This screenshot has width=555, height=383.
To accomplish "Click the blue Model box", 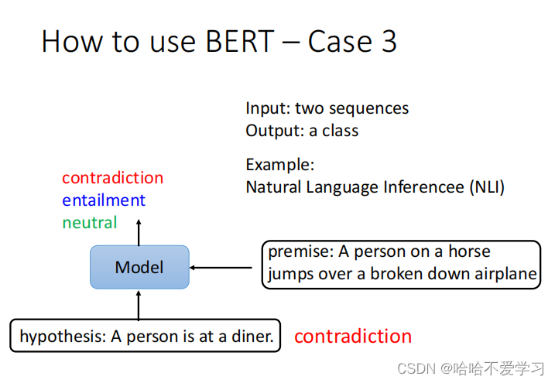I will (139, 267).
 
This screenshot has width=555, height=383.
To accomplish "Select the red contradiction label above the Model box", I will (112, 178).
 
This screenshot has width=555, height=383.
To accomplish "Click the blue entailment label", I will (104, 200).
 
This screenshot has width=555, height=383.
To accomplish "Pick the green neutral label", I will (90, 223).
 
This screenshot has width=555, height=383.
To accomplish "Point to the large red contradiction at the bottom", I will (353, 337).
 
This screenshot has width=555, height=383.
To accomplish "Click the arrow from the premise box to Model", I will (221, 268).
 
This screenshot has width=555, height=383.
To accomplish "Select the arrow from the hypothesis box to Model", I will (139, 305).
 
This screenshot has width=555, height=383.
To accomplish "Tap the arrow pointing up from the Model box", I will (139, 232).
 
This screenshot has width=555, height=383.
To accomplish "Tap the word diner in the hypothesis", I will (254, 337).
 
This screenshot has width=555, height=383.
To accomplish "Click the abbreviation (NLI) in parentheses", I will (484, 187).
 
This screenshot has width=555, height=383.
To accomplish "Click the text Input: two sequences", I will (327, 108).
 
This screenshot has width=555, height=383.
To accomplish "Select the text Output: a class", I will (302, 131).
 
